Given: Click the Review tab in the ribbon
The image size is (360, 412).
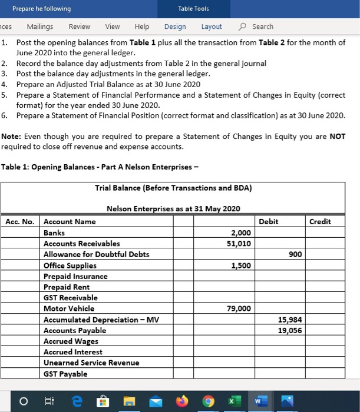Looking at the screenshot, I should tap(80, 26).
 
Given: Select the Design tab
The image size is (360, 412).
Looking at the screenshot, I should tap(175, 26).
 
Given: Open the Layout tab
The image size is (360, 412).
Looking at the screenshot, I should tap(212, 26).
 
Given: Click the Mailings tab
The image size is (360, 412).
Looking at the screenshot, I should tap(39, 26).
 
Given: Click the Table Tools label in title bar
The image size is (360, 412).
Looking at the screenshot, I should tap(193, 8).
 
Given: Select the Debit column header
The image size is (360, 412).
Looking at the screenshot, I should tap(269, 222).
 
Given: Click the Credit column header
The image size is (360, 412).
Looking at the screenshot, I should tap(320, 222).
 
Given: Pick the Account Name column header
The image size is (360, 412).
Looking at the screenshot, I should tap(70, 222).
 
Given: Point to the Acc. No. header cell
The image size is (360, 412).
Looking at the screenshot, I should tap(21, 222).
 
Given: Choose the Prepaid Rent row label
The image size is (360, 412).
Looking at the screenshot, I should tap(67, 287).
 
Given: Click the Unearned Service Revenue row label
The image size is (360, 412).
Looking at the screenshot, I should tap(91, 363).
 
